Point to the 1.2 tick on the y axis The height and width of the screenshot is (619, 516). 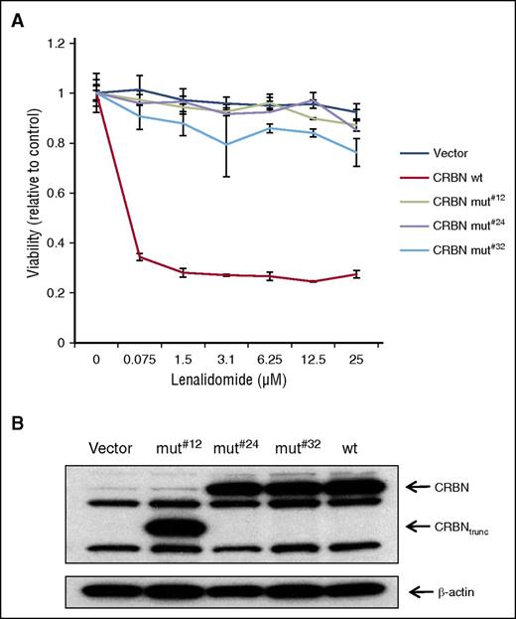point(62,44)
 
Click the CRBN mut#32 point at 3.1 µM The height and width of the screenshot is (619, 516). point(230,144)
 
